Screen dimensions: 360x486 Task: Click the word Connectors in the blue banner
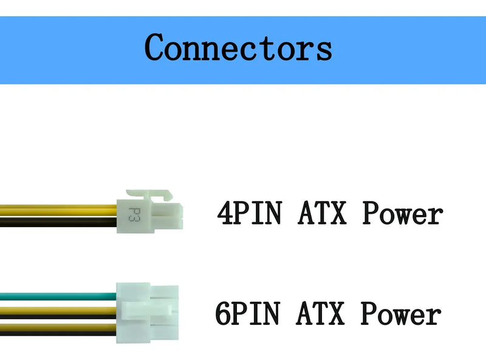pyautogui.click(x=239, y=48)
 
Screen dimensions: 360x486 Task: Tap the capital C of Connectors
pyautogui.click(x=156, y=47)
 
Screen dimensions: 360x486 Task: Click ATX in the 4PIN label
pyautogui.click(x=323, y=214)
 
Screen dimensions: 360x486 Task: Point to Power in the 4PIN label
pyautogui.click(x=402, y=214)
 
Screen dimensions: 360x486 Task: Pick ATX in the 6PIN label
pyautogui.click(x=321, y=314)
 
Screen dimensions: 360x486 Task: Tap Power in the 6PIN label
pyautogui.click(x=400, y=314)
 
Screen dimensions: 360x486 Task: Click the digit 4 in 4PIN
pyautogui.click(x=225, y=214)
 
